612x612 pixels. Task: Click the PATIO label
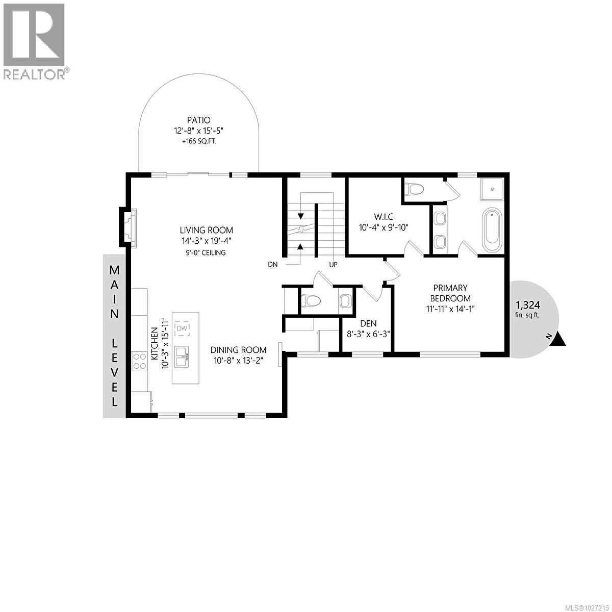(198, 120)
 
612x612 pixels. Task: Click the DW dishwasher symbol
(182, 328)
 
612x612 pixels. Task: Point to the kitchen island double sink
(181, 356)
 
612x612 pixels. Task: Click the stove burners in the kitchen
(138, 362)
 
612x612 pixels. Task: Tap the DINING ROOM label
(239, 350)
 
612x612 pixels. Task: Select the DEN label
(368, 323)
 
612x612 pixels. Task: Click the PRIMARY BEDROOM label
(450, 293)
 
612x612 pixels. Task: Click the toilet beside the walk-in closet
(414, 190)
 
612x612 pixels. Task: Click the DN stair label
(273, 264)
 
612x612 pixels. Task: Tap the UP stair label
(334, 265)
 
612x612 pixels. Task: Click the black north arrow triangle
(559, 339)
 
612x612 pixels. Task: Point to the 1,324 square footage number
(527, 305)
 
